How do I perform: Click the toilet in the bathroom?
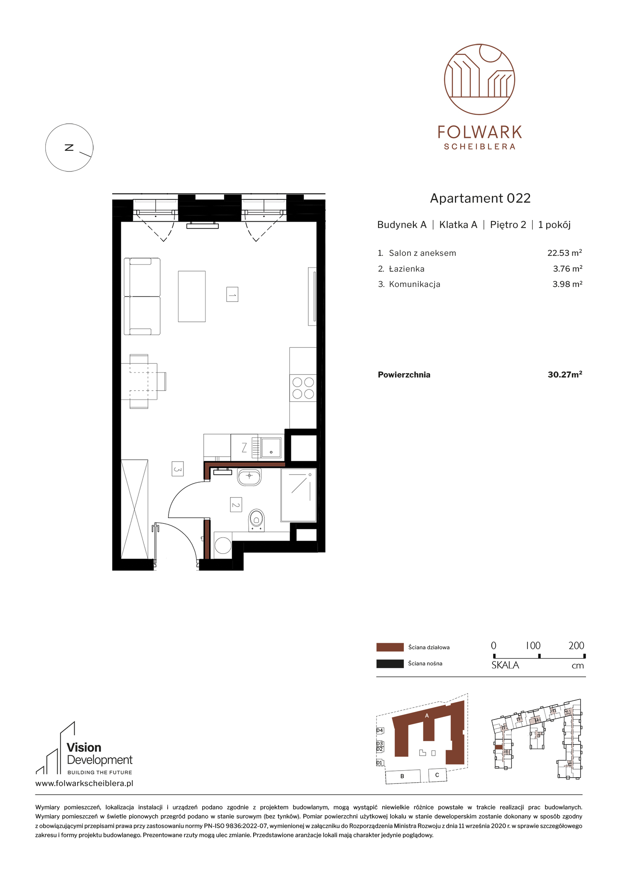(x=256, y=520)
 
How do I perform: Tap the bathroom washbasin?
(x=249, y=477)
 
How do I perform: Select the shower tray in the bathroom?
(x=298, y=495)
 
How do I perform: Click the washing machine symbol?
(x=223, y=545)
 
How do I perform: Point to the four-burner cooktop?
(x=303, y=388)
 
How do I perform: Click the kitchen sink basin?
(x=271, y=448)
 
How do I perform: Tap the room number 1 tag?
(x=232, y=294)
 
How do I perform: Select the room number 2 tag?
(x=236, y=504)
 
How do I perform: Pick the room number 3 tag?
(x=178, y=469)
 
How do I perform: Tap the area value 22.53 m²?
(x=564, y=253)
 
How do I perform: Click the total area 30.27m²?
(x=565, y=375)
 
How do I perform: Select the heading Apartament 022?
(x=480, y=198)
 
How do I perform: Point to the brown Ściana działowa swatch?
(x=390, y=647)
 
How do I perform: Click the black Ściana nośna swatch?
(x=390, y=663)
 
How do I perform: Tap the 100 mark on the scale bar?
(x=533, y=646)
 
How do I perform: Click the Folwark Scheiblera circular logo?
(x=479, y=79)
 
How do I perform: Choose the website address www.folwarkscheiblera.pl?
(x=84, y=783)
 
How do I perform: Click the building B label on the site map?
(x=402, y=776)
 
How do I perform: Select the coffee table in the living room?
(x=192, y=296)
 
